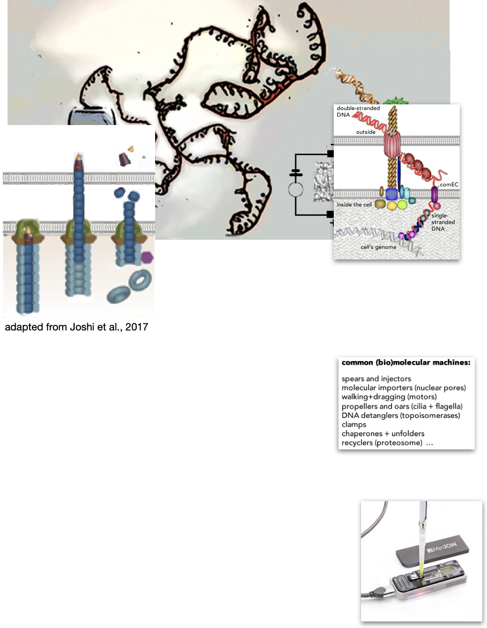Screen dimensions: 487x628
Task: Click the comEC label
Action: [449, 185]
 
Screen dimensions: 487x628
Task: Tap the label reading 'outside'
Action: [366, 132]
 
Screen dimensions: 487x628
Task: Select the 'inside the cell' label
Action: [354, 204]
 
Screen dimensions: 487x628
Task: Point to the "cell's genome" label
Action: [378, 247]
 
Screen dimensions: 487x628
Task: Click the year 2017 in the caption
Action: [137, 327]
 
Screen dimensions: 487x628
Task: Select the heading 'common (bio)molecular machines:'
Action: [406, 362]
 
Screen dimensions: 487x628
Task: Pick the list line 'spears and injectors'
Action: [376, 379]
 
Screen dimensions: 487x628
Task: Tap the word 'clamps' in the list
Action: [354, 424]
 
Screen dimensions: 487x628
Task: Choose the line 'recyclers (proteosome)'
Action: [382, 443]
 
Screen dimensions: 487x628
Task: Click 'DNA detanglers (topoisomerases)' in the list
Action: [401, 416]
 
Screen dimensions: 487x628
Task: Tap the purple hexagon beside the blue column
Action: [147, 257]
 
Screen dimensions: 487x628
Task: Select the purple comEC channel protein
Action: [434, 194]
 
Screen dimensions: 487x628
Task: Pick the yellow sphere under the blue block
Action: [392, 205]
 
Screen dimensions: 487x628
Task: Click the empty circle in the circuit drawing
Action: [296, 190]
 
